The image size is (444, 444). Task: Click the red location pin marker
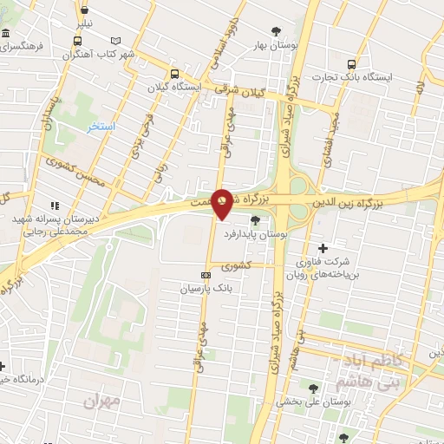pyautogui.click(x=222, y=203)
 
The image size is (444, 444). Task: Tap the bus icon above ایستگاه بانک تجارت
pyautogui.click(x=351, y=64)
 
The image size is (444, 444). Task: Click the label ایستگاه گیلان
pyautogui.click(x=200, y=88)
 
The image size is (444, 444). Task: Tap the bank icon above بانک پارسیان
pyautogui.click(x=206, y=276)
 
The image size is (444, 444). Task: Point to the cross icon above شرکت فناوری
pyautogui.click(x=323, y=248)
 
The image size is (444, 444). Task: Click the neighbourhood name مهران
pyautogui.click(x=100, y=402)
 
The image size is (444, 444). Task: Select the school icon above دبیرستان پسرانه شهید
pyautogui.click(x=55, y=206)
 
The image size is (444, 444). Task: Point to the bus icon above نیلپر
pyautogui.click(x=85, y=12)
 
